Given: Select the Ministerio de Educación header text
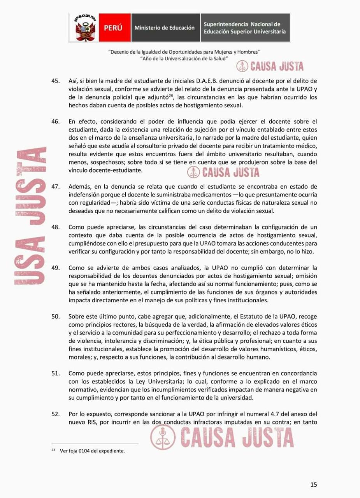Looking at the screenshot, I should click(164, 28).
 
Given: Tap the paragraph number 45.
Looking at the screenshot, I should click(56, 81).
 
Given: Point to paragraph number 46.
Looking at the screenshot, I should click(56, 121).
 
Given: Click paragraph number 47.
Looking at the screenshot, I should click(56, 187).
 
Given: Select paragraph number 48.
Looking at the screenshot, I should click(56, 227).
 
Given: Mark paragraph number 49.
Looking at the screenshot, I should click(56, 268).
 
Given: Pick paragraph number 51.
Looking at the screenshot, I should click(56, 373).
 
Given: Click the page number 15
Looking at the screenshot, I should click(314, 484).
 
